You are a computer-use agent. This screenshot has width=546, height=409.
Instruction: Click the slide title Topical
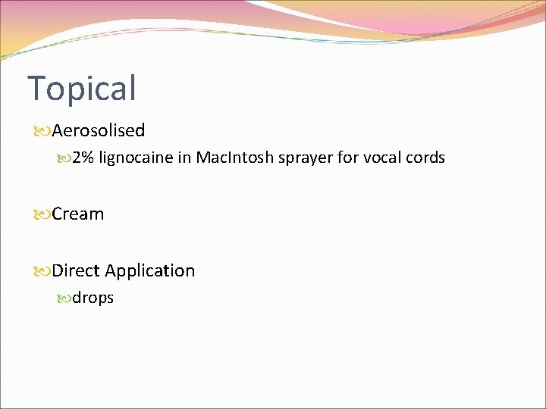(x=82, y=88)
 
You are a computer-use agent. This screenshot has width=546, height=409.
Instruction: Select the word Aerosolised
(x=99, y=130)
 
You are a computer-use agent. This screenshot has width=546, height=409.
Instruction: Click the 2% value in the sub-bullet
(x=83, y=158)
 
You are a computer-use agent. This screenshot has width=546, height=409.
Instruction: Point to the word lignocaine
(x=131, y=158)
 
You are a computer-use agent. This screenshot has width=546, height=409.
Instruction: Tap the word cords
(x=425, y=158)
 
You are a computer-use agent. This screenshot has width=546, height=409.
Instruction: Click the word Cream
(x=78, y=214)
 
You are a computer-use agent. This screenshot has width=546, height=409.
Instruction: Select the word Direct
(x=76, y=270)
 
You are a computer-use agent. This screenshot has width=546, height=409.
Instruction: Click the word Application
(x=150, y=271)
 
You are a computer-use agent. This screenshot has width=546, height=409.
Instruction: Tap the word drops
(x=93, y=298)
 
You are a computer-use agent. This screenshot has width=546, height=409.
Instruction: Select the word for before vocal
(x=347, y=158)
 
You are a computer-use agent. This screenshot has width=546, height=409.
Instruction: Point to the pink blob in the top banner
(x=425, y=19)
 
